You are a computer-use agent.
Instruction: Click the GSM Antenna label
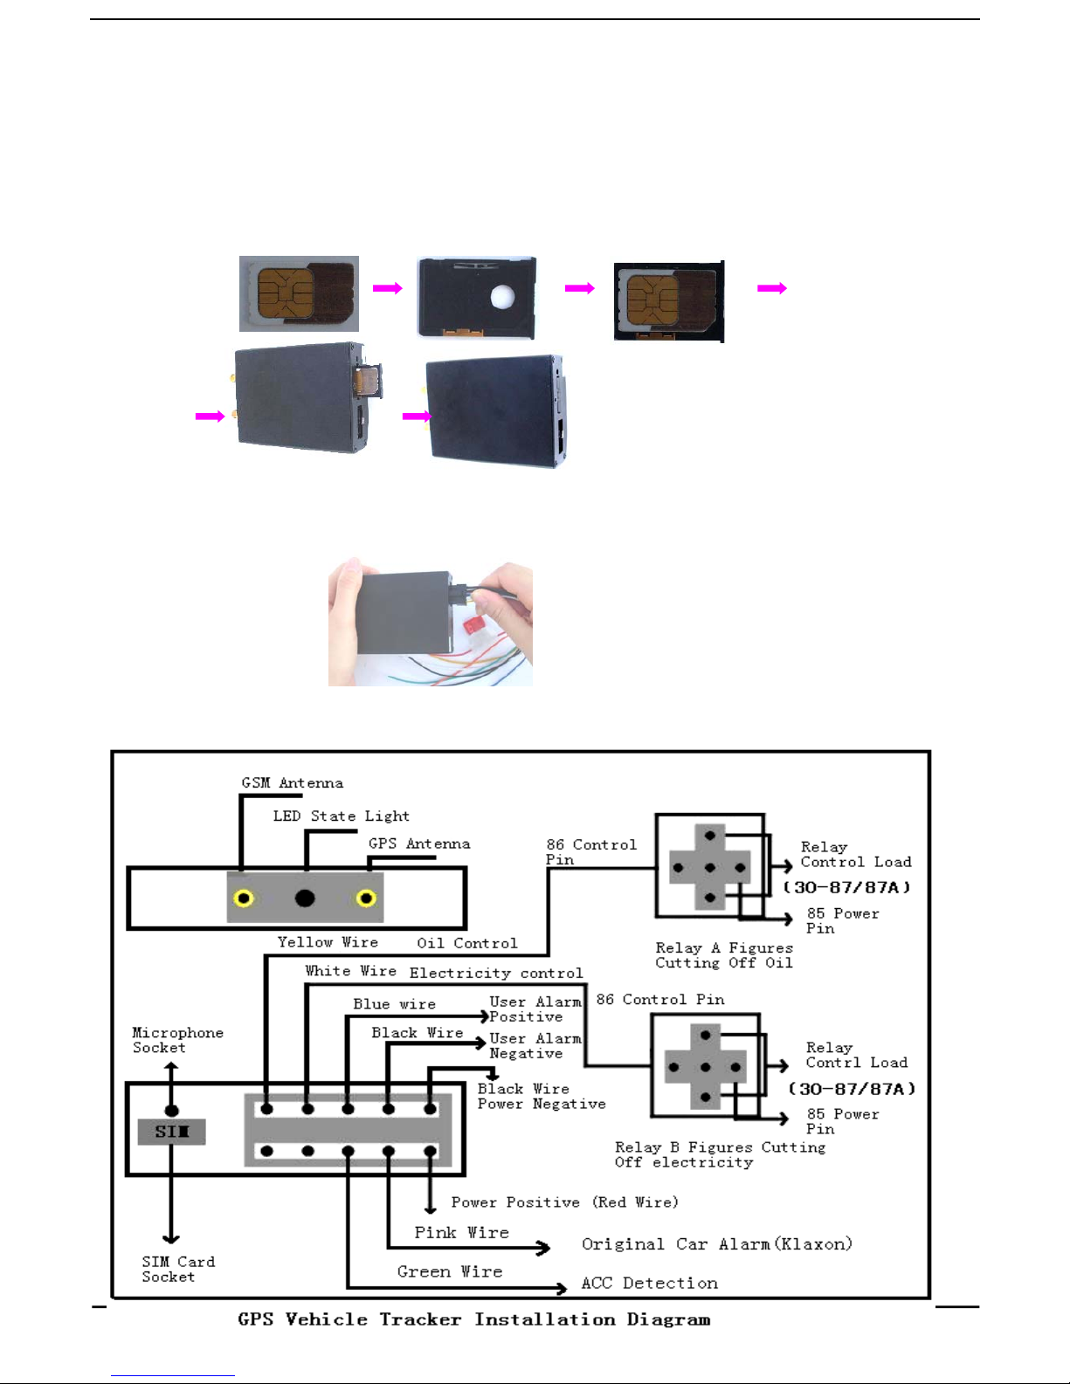coord(292,782)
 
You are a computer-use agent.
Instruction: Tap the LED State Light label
coord(341,816)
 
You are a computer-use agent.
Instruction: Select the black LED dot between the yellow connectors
coord(305,898)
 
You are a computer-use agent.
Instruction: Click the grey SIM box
coord(171,1132)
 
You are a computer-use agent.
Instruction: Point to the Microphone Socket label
coord(177,1040)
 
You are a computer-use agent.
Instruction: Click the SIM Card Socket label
coord(178,1270)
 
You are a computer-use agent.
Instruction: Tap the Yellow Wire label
coord(328,942)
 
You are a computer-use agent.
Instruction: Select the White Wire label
coord(350,971)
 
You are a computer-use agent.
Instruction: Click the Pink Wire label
coord(461,1232)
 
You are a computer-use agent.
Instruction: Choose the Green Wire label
coord(450,1272)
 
